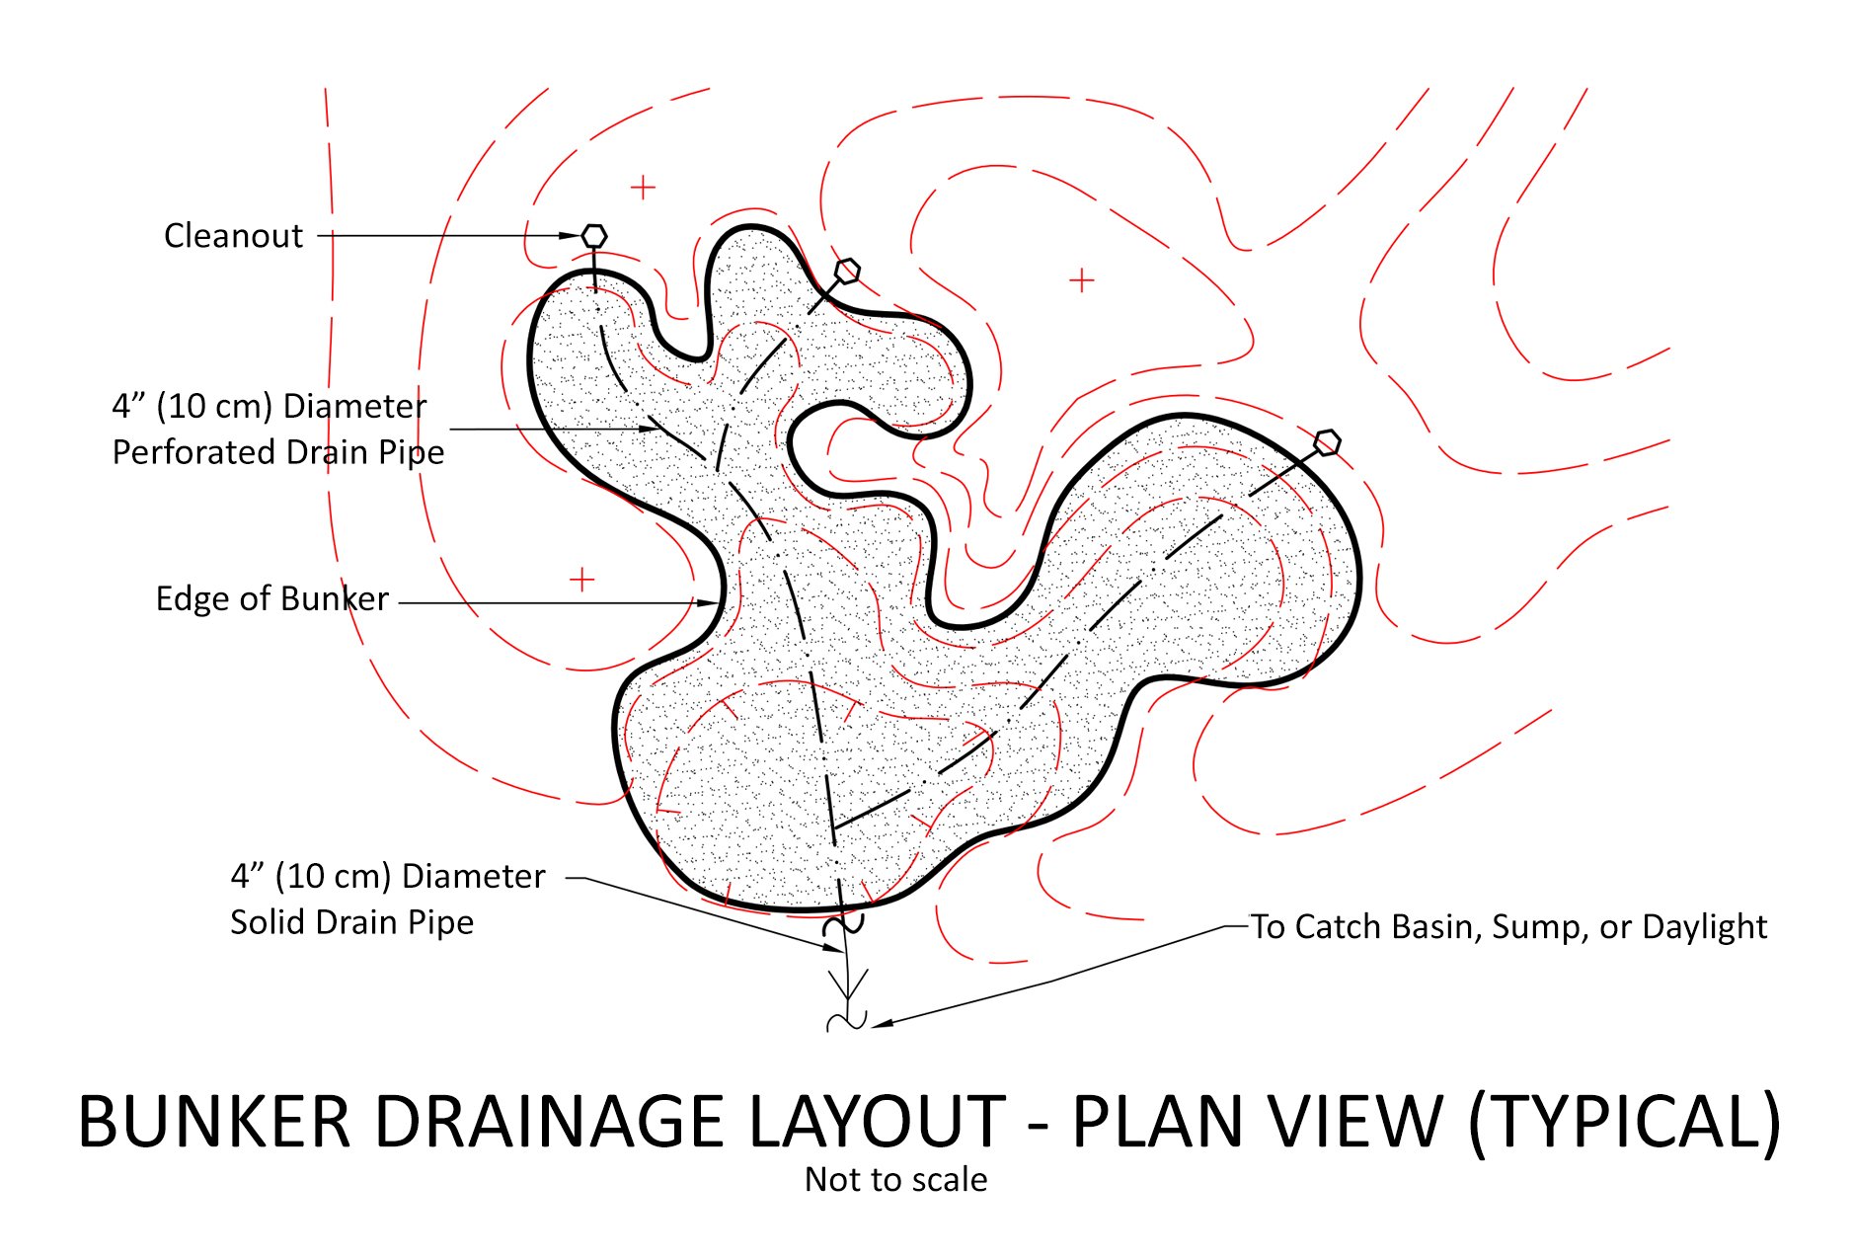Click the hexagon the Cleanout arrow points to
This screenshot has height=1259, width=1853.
(x=593, y=236)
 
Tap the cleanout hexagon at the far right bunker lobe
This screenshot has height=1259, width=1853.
(x=1328, y=442)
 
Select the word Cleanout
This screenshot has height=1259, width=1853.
(x=233, y=236)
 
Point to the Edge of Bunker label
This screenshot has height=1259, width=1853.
(x=271, y=598)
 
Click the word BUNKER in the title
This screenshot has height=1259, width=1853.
(x=214, y=1123)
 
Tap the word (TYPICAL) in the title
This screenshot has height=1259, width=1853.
(x=1624, y=1123)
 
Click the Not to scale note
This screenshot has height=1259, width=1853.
(x=895, y=1180)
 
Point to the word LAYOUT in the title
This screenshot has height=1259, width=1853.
(x=876, y=1123)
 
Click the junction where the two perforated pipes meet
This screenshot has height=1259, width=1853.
(x=832, y=827)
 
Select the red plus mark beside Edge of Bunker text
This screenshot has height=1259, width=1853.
(x=582, y=579)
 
